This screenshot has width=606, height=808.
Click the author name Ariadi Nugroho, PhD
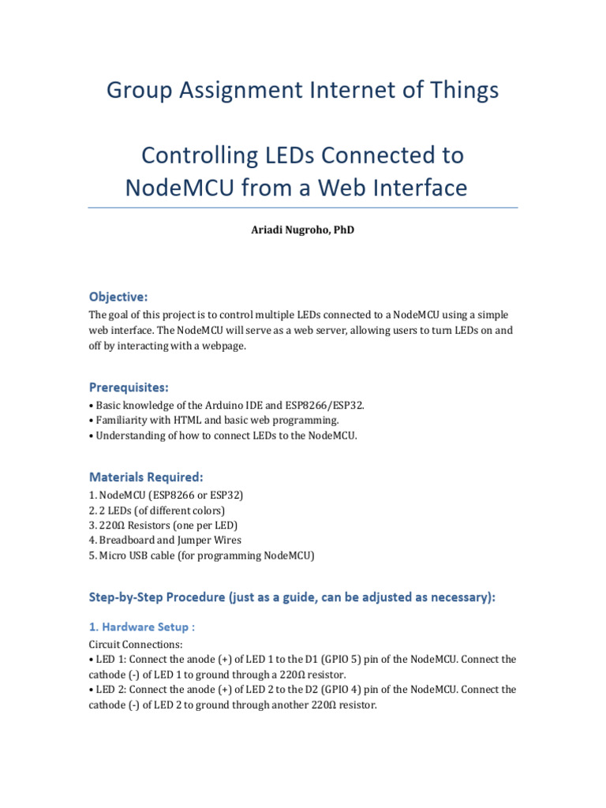303,230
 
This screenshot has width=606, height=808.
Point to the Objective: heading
118,297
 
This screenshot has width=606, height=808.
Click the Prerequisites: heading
129,387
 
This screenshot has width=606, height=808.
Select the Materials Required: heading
146,477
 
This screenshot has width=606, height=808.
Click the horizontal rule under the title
303,208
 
